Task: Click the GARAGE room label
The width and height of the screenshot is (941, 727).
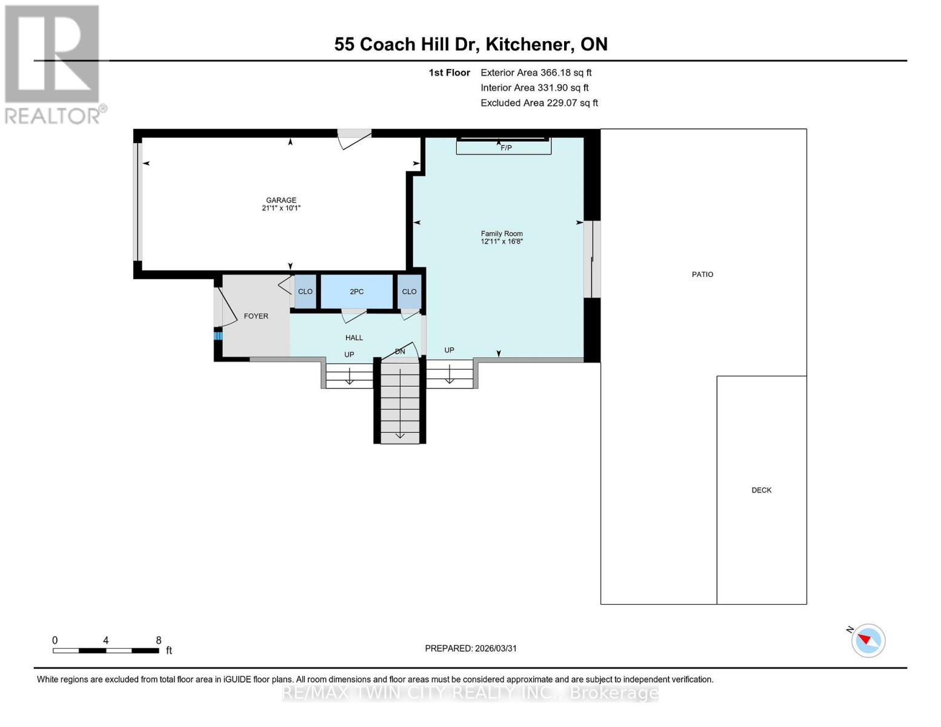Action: click(x=281, y=200)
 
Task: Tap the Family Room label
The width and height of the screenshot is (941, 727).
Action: click(x=502, y=233)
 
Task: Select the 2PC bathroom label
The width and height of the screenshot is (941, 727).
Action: click(x=356, y=291)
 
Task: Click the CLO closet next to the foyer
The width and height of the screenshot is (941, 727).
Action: click(x=305, y=291)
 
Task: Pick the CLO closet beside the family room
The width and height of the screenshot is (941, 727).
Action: click(x=409, y=291)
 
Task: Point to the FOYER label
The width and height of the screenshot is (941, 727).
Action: click(x=256, y=316)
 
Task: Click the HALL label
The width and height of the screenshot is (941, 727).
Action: click(x=354, y=337)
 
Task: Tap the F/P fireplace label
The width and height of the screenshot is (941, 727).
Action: click(x=506, y=148)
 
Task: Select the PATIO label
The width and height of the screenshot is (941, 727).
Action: click(x=702, y=274)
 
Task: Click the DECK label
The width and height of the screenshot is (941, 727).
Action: click(x=761, y=490)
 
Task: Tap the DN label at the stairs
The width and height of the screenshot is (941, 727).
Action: click(x=400, y=351)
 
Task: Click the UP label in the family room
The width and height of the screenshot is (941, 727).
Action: click(x=449, y=350)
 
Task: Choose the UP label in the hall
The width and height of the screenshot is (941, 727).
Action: click(x=349, y=354)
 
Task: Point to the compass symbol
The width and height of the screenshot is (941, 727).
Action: click(x=868, y=640)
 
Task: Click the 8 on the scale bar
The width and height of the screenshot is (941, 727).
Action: click(x=159, y=640)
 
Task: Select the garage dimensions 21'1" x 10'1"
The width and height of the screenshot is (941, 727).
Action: click(x=281, y=208)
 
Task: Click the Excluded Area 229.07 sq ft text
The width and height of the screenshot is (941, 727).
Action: click(x=539, y=103)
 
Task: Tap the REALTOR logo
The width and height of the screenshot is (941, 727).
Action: click(x=53, y=64)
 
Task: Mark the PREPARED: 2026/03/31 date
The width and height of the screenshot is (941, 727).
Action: click(x=471, y=648)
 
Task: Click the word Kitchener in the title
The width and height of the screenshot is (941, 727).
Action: click(x=528, y=44)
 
